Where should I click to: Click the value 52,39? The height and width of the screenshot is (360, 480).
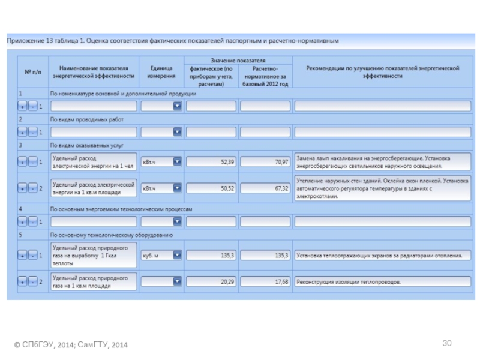point(227,161)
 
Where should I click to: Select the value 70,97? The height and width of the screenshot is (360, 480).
point(281,161)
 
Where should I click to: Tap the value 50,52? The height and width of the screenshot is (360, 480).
point(227,188)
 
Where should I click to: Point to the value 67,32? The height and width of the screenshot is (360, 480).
point(281,188)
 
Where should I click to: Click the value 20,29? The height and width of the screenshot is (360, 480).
point(227,281)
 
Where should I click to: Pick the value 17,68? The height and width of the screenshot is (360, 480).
point(281,281)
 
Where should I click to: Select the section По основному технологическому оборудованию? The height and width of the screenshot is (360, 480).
point(111,235)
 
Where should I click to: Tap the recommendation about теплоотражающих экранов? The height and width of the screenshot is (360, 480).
point(379,256)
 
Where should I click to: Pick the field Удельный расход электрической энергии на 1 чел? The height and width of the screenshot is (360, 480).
point(93,162)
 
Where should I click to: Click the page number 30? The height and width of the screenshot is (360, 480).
point(446,343)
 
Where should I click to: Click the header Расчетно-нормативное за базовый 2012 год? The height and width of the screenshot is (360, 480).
point(265,76)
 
